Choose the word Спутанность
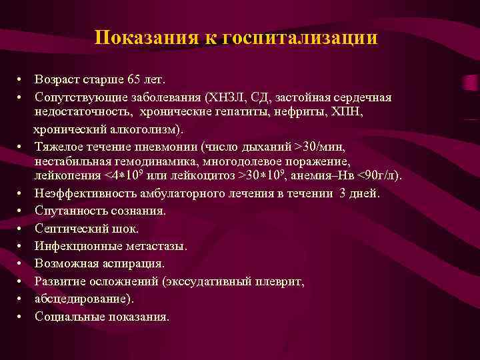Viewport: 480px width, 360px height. pos(69,211)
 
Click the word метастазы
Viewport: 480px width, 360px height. pos(155,246)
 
